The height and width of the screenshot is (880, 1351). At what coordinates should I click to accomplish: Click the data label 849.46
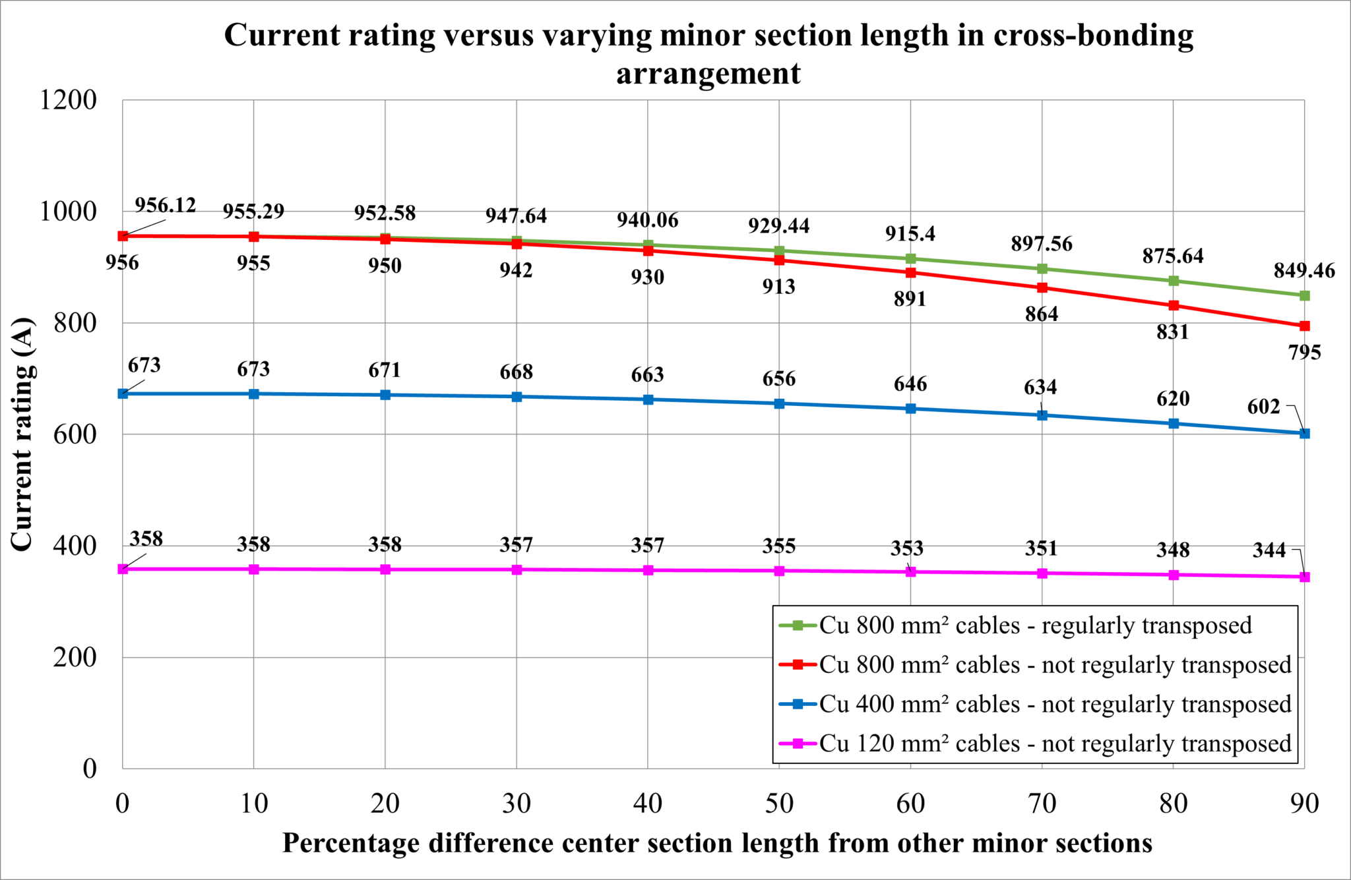tap(1304, 270)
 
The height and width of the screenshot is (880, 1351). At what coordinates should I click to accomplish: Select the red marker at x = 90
tap(1304, 326)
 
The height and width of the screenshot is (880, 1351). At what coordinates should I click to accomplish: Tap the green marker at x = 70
tap(1042, 269)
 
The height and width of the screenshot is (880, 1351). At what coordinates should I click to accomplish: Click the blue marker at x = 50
tap(779, 403)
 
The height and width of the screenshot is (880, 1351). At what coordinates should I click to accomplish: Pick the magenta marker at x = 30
tap(517, 570)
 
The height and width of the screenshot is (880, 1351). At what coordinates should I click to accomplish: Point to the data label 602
tap(1263, 407)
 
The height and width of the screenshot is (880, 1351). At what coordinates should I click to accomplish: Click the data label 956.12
tap(165, 205)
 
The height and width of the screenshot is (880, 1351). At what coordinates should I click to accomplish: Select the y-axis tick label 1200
tap(68, 100)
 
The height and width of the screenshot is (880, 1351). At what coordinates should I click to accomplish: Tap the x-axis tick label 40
tap(647, 804)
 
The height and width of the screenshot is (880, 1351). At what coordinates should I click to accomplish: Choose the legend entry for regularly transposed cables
tap(1035, 625)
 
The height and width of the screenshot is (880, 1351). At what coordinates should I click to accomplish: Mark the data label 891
tap(910, 299)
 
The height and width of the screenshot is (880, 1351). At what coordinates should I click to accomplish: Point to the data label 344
tap(1269, 550)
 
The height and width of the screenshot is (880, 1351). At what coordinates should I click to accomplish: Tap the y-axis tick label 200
tap(75, 657)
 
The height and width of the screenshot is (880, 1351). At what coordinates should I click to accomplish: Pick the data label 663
tap(647, 375)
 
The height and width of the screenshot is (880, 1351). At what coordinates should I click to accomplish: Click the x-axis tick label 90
tap(1304, 804)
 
